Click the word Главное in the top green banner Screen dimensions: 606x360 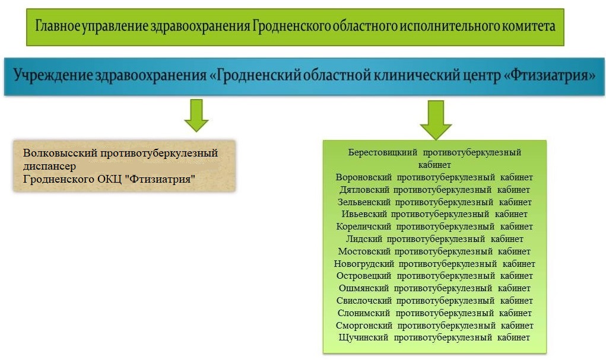click(58, 26)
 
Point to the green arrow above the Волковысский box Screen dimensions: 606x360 click(196, 116)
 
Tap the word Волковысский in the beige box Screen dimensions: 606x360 click(60, 153)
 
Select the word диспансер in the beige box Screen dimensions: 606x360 click(49, 167)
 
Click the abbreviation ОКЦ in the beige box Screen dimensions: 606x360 click(109, 179)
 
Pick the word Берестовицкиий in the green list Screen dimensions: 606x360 click(383, 152)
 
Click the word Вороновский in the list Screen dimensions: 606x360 click(363, 177)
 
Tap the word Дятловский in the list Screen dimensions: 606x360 click(364, 190)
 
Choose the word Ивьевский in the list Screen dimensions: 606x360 click(364, 214)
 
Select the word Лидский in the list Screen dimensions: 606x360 click(364, 239)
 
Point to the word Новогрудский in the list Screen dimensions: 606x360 click(364, 264)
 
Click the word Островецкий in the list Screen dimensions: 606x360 click(364, 276)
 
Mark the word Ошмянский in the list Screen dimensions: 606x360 click(364, 289)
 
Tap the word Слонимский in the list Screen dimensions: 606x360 click(364, 313)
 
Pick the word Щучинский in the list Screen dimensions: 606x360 click(363, 337)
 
